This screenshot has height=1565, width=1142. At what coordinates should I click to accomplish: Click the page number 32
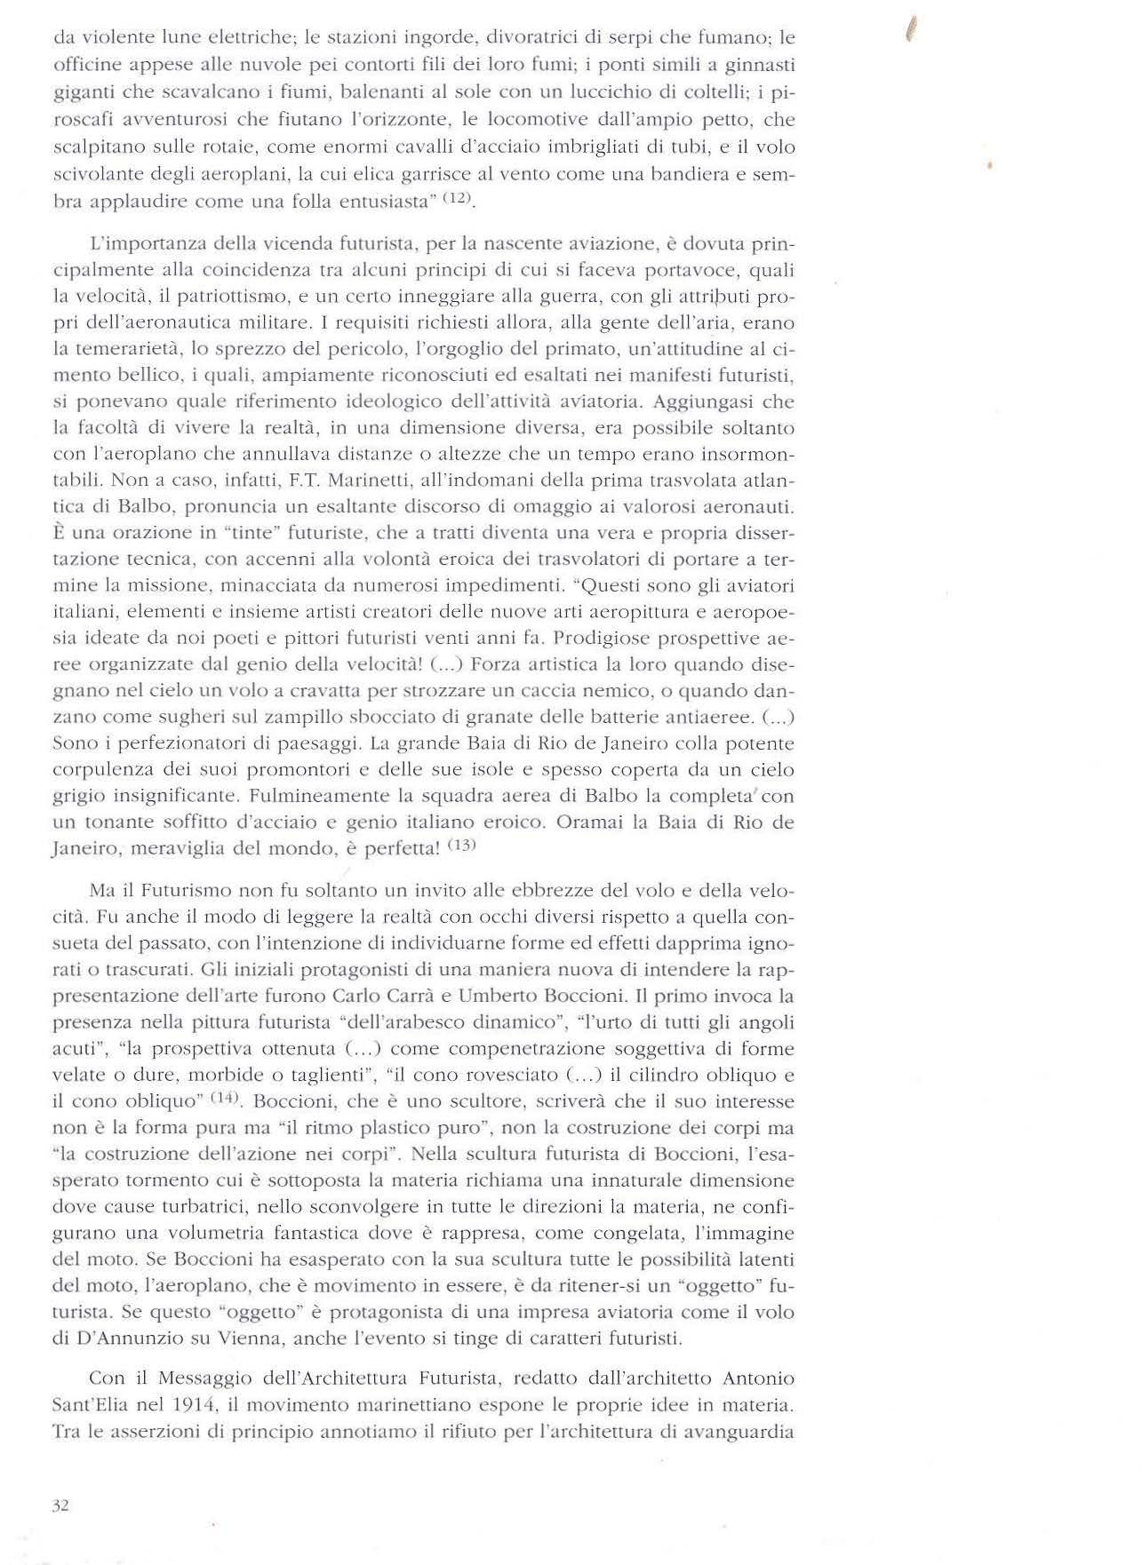click(x=60, y=1505)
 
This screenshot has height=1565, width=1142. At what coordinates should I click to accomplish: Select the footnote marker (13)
click(x=461, y=845)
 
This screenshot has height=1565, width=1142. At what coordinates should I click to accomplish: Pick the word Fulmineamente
click(x=313, y=796)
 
